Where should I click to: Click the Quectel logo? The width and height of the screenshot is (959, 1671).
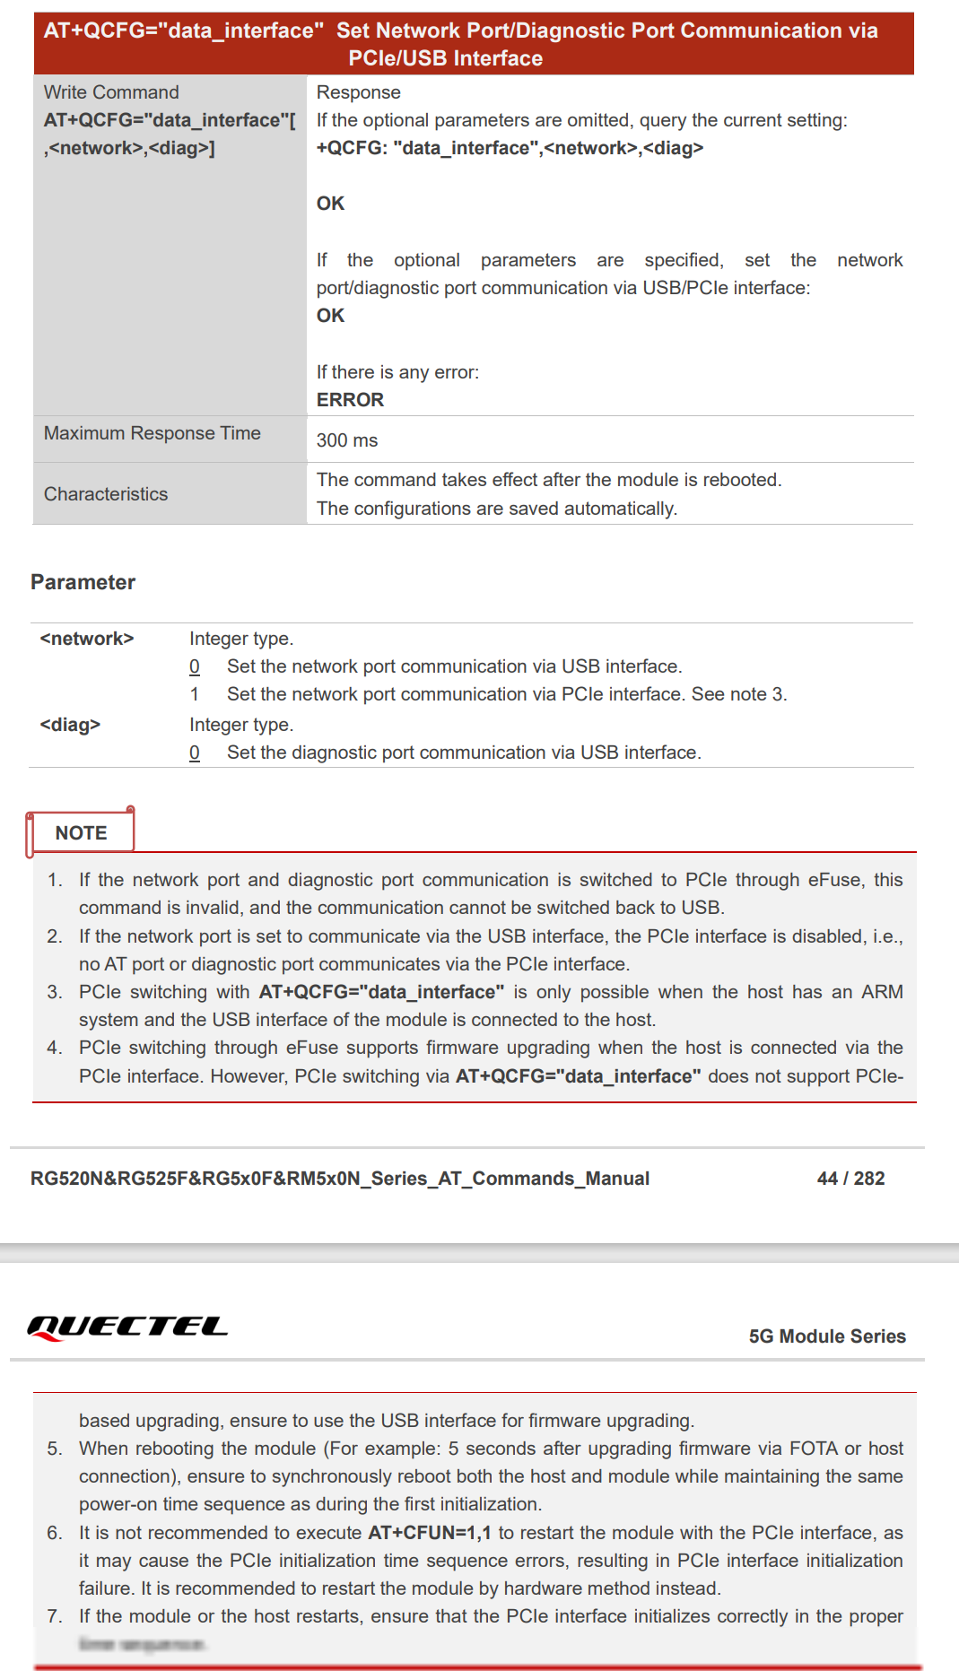[127, 1327]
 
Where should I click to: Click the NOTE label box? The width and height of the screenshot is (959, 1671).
[81, 832]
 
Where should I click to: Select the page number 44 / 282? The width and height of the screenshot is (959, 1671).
[850, 1179]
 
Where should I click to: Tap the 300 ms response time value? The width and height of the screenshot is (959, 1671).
[347, 440]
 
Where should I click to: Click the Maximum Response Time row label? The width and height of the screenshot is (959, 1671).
[153, 433]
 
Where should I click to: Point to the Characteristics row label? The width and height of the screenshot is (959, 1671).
[106, 494]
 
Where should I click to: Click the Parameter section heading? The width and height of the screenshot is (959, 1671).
[83, 582]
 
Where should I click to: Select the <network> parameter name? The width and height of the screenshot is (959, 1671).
[87, 639]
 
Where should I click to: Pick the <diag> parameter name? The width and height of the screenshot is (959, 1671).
[70, 725]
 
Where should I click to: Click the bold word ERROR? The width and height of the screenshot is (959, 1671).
[350, 400]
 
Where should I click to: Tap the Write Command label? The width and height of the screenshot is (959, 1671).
[111, 92]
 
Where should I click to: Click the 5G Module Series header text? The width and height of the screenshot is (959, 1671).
[827, 1336]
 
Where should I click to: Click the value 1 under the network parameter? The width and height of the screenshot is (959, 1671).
[195, 694]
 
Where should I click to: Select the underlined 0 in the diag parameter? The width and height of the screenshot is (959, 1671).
[195, 753]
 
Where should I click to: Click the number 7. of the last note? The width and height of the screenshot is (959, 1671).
[55, 1616]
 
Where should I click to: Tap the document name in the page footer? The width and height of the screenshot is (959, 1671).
[340, 1179]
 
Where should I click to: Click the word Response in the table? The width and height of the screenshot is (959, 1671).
[359, 92]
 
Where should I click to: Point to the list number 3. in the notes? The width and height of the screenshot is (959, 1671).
[55, 992]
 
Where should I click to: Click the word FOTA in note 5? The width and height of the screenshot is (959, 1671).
[814, 1449]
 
